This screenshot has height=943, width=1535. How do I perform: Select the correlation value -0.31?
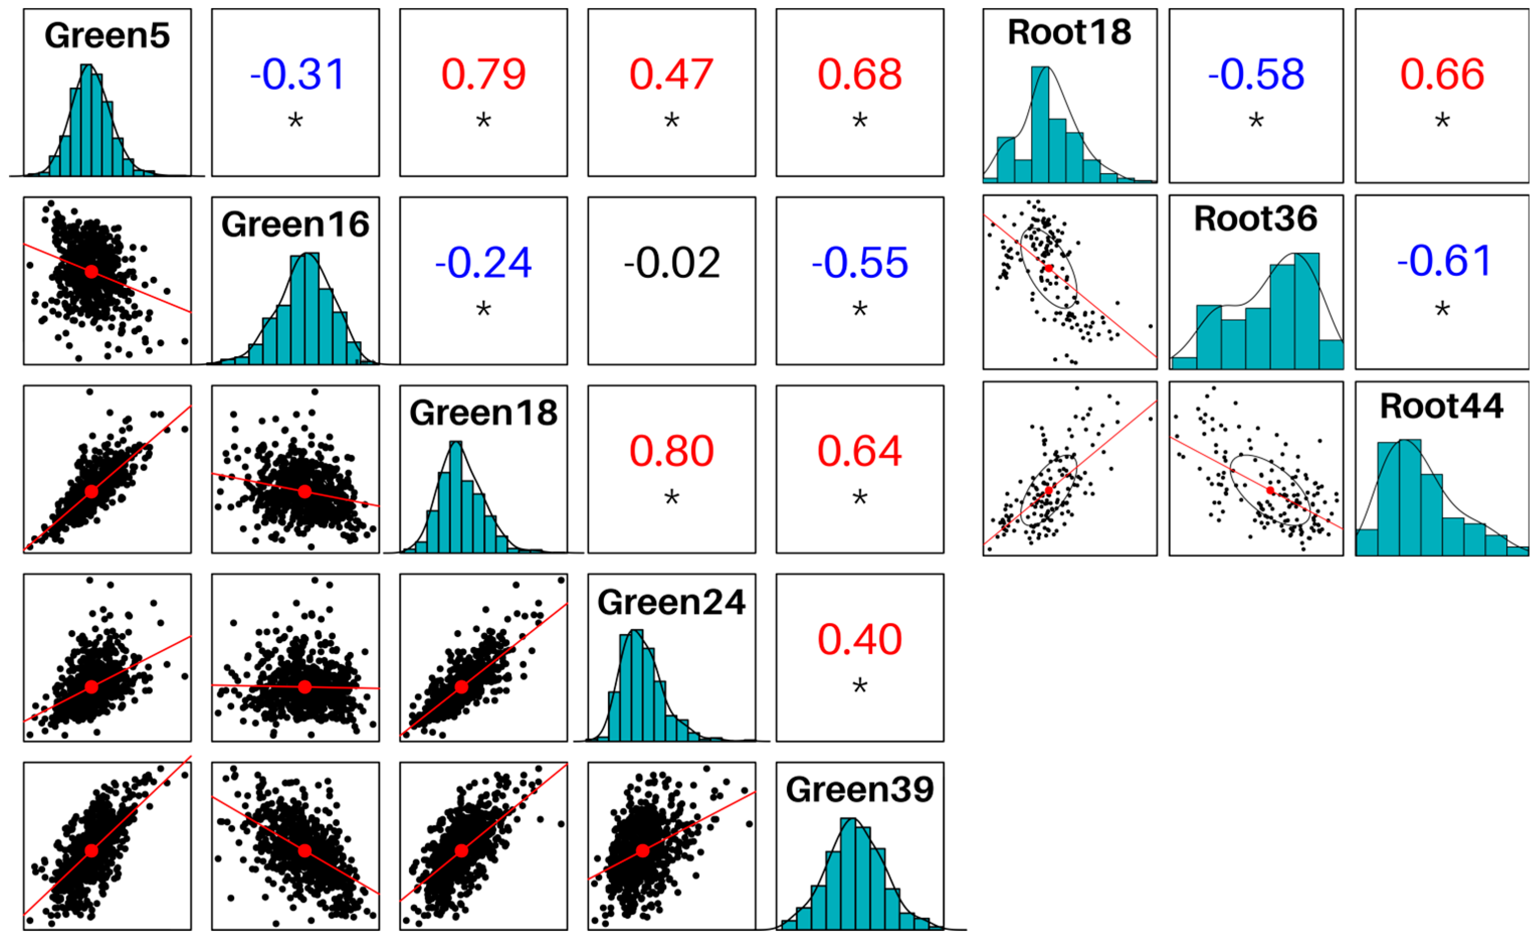click(296, 74)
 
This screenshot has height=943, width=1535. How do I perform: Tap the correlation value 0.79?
click(483, 74)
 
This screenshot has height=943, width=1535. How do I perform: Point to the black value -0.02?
click(672, 263)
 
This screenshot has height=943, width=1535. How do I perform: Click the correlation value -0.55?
click(860, 263)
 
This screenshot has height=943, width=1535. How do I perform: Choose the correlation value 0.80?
click(671, 451)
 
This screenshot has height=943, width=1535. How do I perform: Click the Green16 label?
click(295, 225)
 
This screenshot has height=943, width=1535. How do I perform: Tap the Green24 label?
click(671, 602)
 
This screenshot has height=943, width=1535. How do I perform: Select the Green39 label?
click(860, 790)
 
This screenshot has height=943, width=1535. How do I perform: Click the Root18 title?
click(1069, 33)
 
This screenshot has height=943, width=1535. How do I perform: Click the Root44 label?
click(1441, 406)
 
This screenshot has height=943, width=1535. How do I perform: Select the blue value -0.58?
click(1256, 74)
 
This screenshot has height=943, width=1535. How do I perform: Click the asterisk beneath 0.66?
click(1442, 121)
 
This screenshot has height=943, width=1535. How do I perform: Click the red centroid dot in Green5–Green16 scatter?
click(91, 271)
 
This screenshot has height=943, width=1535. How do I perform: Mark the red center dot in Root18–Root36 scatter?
click(1049, 268)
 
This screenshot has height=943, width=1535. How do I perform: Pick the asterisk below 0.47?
click(672, 121)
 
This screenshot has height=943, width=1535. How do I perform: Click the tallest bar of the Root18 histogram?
click(1040, 125)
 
